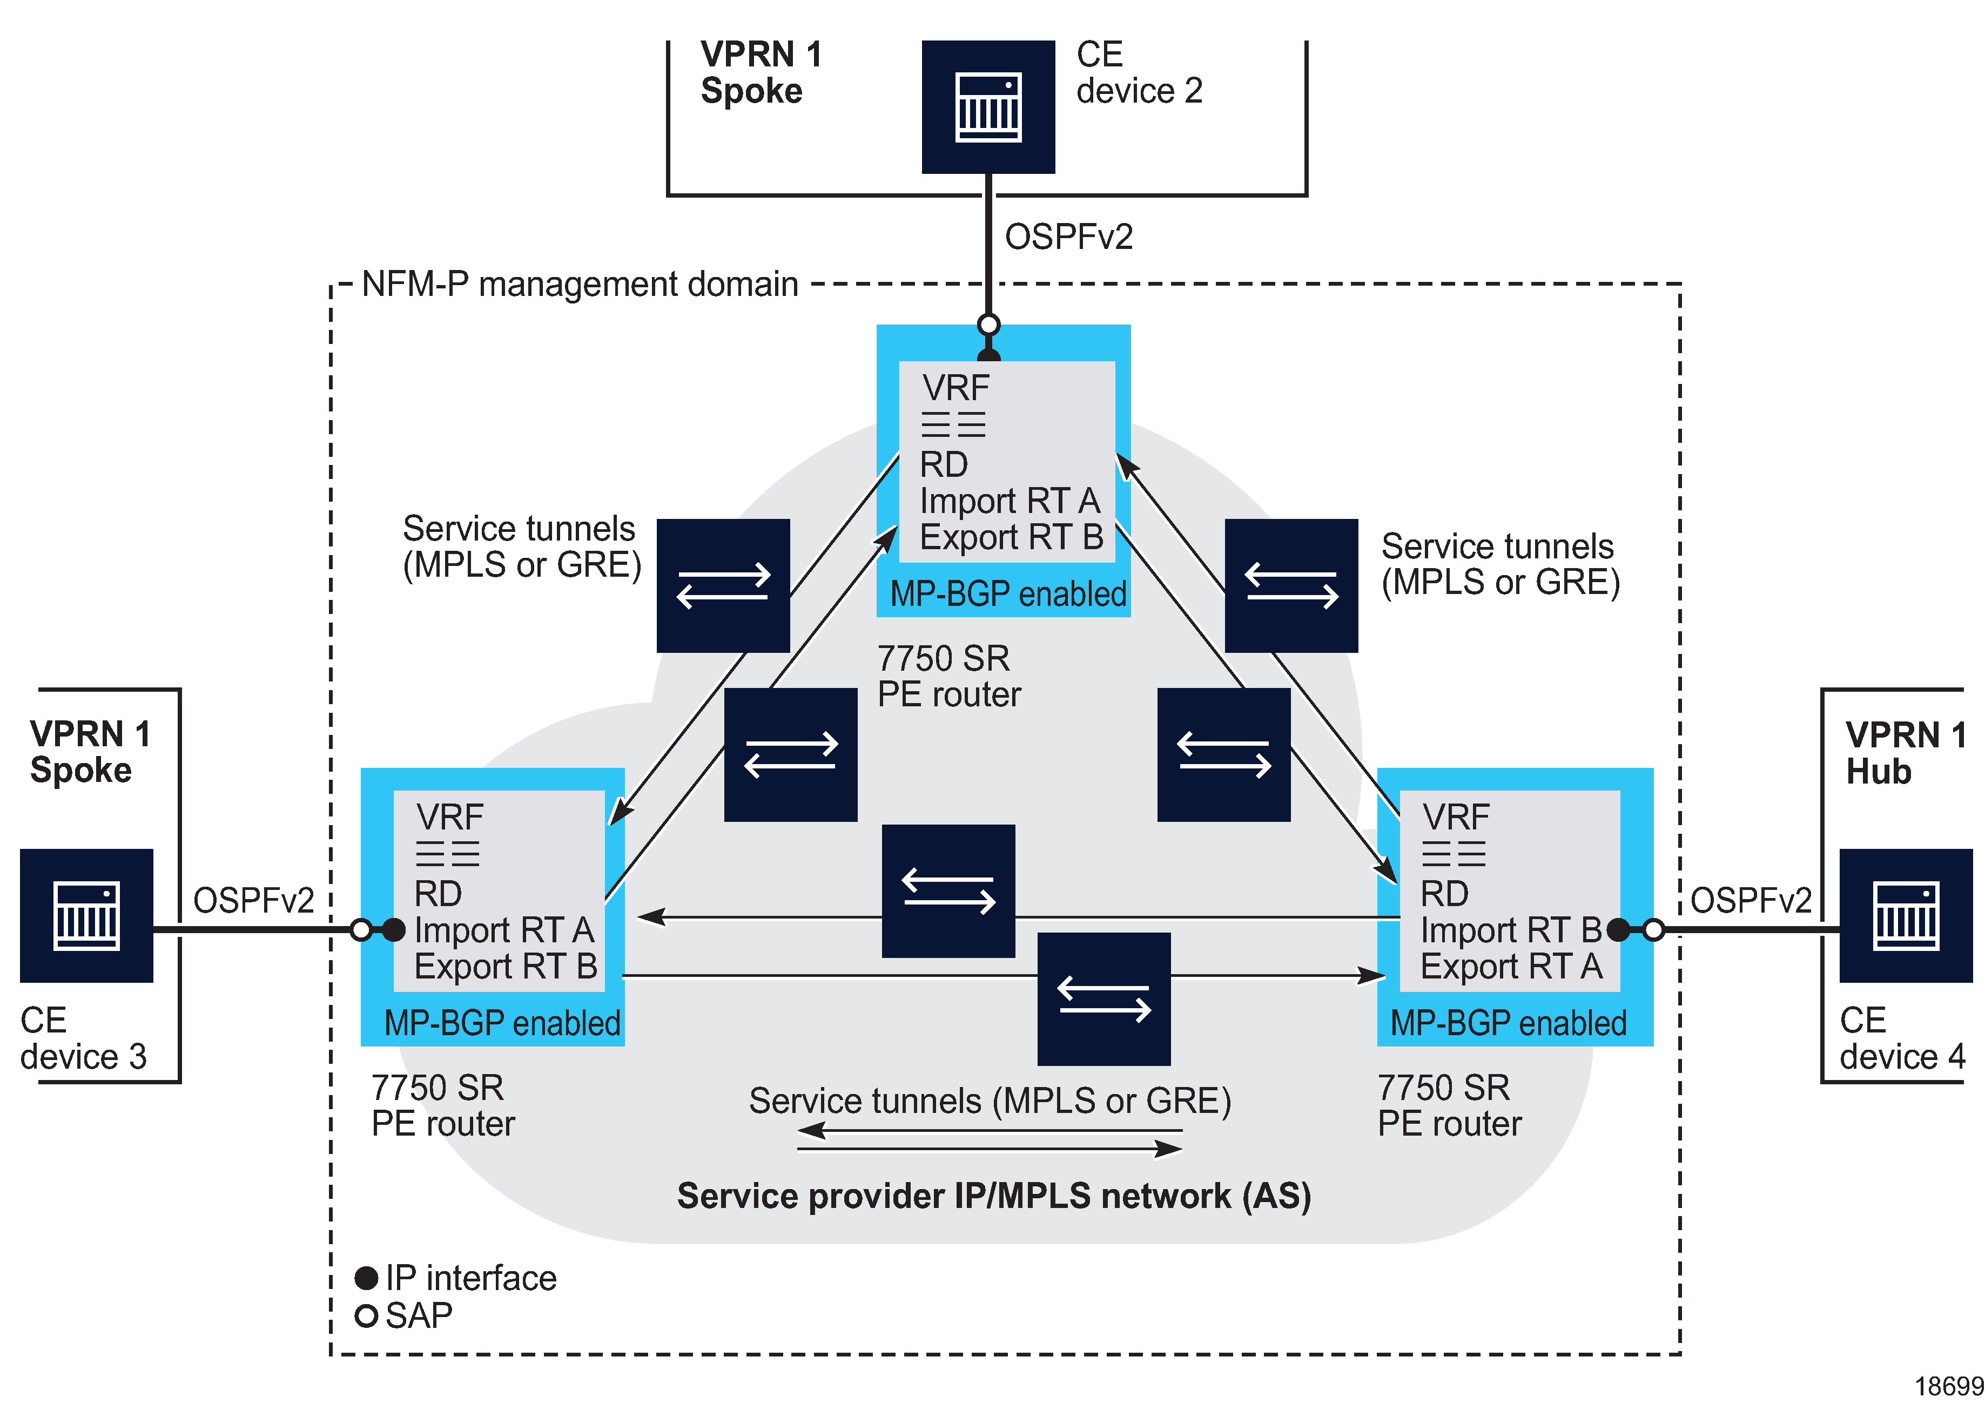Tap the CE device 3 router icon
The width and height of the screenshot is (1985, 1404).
point(86,915)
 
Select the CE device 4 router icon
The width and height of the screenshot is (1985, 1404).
point(1906,915)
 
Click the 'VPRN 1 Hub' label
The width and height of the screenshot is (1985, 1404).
point(1905,752)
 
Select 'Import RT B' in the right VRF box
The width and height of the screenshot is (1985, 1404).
point(1510,929)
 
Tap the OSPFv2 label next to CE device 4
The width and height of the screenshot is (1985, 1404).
point(1750,900)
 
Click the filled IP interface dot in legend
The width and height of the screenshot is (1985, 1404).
point(367,1278)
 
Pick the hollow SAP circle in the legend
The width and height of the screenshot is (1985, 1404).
point(367,1315)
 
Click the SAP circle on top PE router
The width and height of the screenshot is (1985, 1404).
point(988,325)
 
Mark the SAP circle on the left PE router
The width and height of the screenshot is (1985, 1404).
point(361,930)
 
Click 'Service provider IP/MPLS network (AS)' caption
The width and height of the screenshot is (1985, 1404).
point(993,1196)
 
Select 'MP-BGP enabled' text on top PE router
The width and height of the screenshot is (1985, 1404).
point(1007,594)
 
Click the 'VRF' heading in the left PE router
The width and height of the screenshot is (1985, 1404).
point(449,816)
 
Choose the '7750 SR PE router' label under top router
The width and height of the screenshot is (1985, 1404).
point(948,676)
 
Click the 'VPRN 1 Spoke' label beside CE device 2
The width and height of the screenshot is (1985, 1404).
point(761,72)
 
